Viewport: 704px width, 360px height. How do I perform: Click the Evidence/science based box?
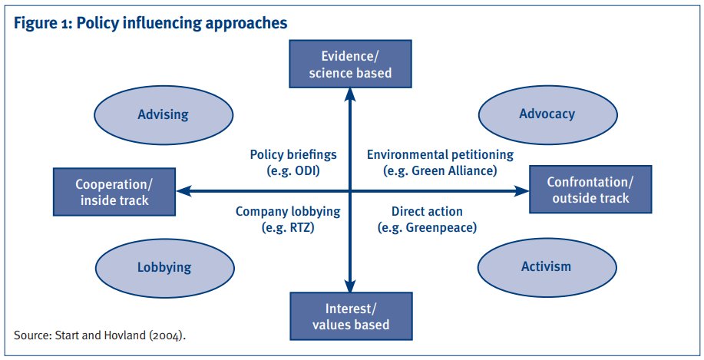coord(351,64)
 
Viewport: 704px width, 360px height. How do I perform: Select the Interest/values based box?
coord(351,315)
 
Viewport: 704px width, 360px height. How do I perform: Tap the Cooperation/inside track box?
coord(114,191)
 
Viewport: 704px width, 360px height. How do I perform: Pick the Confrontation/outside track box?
coord(589,190)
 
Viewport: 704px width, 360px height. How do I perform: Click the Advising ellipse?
coord(163,114)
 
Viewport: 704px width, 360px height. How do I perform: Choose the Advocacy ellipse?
coord(547,114)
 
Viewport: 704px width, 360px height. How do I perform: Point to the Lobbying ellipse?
coord(164,267)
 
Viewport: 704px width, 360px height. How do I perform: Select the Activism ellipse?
coord(546,266)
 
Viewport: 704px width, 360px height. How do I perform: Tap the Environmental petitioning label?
coord(432,154)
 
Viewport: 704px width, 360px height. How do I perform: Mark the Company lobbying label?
coord(288,211)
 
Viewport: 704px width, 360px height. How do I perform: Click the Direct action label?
coord(426,211)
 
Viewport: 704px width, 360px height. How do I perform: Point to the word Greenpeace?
coord(441,227)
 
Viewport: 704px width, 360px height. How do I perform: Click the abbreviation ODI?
coord(306,171)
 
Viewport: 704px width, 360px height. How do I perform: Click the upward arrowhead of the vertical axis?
coord(351,94)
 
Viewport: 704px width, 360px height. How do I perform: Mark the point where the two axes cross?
coord(351,190)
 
